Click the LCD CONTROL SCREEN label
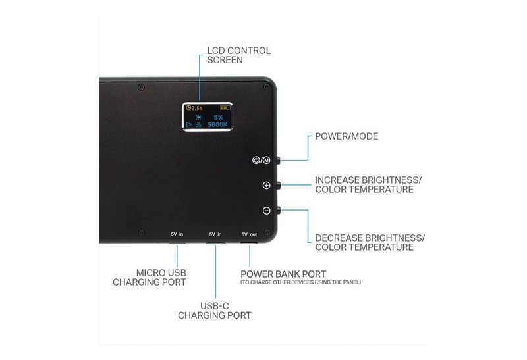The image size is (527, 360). pos(238,55)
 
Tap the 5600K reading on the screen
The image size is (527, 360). pos(217,124)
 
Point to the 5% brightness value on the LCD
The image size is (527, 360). pos(218,117)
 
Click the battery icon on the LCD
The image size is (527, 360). pos(225,107)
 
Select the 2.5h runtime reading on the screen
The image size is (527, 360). pos(194,108)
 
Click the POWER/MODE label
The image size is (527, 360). pos(347,136)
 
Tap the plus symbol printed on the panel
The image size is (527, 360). pos(266,185)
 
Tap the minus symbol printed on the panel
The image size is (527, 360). pos(266,211)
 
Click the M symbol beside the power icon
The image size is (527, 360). pos(266,160)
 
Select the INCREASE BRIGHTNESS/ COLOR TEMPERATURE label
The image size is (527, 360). pos(368,185)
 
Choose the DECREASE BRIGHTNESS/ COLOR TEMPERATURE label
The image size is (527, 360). pos(370,242)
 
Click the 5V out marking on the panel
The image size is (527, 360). pos(249,234)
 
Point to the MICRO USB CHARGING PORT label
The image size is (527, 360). pos(150,277)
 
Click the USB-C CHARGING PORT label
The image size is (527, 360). pos(215,311)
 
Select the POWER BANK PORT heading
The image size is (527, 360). pos(283,274)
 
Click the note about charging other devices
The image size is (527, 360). pos(301,282)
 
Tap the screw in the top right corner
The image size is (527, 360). pos(266,87)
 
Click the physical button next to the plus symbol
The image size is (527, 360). pos(279,184)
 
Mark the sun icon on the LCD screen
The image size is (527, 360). pos(199,117)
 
